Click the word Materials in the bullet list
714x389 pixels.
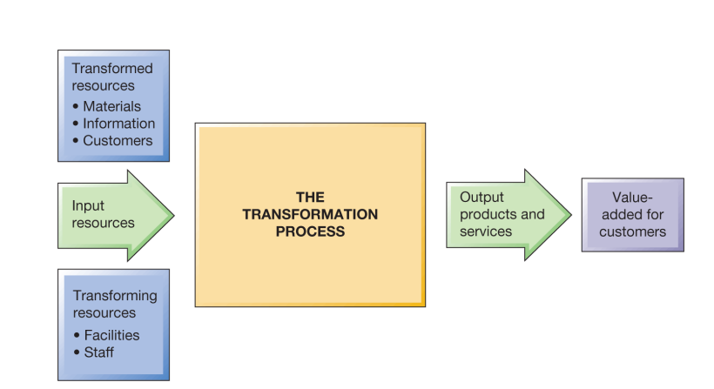[111, 107]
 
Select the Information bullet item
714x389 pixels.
[119, 124]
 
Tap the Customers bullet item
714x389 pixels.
[118, 140]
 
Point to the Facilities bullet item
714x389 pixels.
[111, 335]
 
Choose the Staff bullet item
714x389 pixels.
[98, 352]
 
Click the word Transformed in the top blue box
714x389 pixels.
[111, 69]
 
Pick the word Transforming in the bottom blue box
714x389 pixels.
[114, 296]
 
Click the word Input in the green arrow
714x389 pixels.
[88, 206]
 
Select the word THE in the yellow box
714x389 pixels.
[309, 198]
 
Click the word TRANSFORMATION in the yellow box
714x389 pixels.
[309, 215]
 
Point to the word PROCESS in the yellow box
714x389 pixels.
[309, 231]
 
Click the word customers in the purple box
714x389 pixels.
[632, 231]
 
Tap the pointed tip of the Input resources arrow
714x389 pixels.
[174, 215]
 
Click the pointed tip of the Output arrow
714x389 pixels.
[571, 215]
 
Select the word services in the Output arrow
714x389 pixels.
[486, 231]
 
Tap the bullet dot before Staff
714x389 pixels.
[77, 352]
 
